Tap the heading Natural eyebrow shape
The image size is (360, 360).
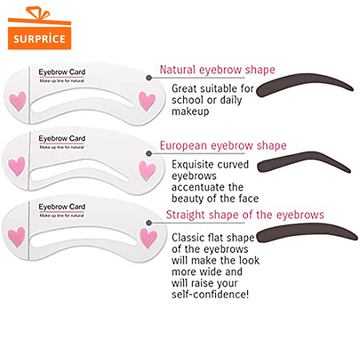tap(217, 70)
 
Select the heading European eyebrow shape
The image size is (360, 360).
tap(223, 146)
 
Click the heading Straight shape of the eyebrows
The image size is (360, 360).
tap(245, 214)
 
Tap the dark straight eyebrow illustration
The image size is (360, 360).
tap(306, 233)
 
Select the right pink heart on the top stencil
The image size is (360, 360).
tap(147, 101)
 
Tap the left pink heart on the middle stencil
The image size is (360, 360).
tap(17, 166)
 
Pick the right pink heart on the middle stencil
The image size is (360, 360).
tap(147, 170)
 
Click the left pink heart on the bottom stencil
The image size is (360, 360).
tap(17, 237)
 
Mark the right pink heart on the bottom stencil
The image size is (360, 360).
tap(148, 237)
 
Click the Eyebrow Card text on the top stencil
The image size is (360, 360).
tap(62, 72)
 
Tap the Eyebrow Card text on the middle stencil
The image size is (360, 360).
tap(62, 139)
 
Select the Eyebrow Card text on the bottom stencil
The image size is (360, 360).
tap(62, 206)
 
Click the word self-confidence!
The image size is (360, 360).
tap(210, 294)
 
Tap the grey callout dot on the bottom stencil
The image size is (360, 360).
tap(149, 223)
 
